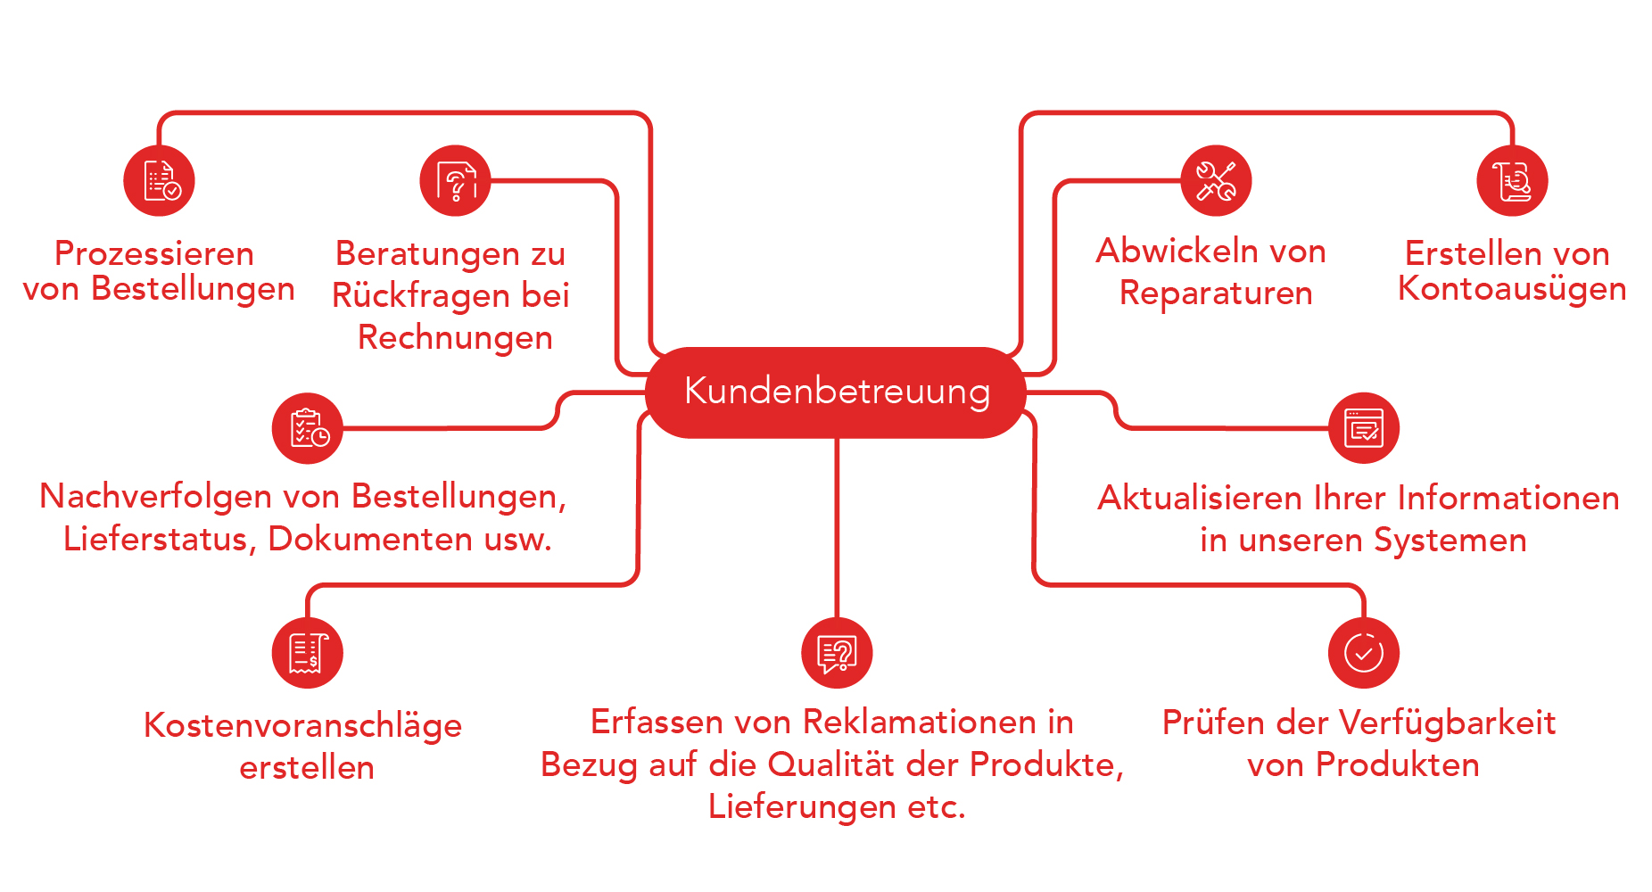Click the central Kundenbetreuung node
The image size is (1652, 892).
[836, 392]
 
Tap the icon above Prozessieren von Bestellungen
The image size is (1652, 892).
[159, 180]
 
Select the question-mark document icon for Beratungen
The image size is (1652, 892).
[455, 180]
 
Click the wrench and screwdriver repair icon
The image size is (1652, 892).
[1216, 180]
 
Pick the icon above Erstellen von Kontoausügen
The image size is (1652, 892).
[1512, 180]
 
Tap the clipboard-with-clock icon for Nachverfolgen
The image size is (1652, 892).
[307, 428]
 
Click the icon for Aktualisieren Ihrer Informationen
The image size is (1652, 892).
[1364, 428]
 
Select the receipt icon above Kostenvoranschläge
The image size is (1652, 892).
[307, 653]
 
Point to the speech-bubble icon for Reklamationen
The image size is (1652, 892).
[837, 653]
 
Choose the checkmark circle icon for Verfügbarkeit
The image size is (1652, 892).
[1364, 653]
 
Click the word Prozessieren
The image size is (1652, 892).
[154, 253]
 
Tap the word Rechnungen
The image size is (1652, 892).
[455, 338]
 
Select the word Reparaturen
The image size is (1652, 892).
[1216, 293]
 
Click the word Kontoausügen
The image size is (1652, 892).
[1512, 289]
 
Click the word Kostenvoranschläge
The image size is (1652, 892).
[303, 726]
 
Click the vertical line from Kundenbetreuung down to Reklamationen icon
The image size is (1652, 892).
[837, 527]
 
